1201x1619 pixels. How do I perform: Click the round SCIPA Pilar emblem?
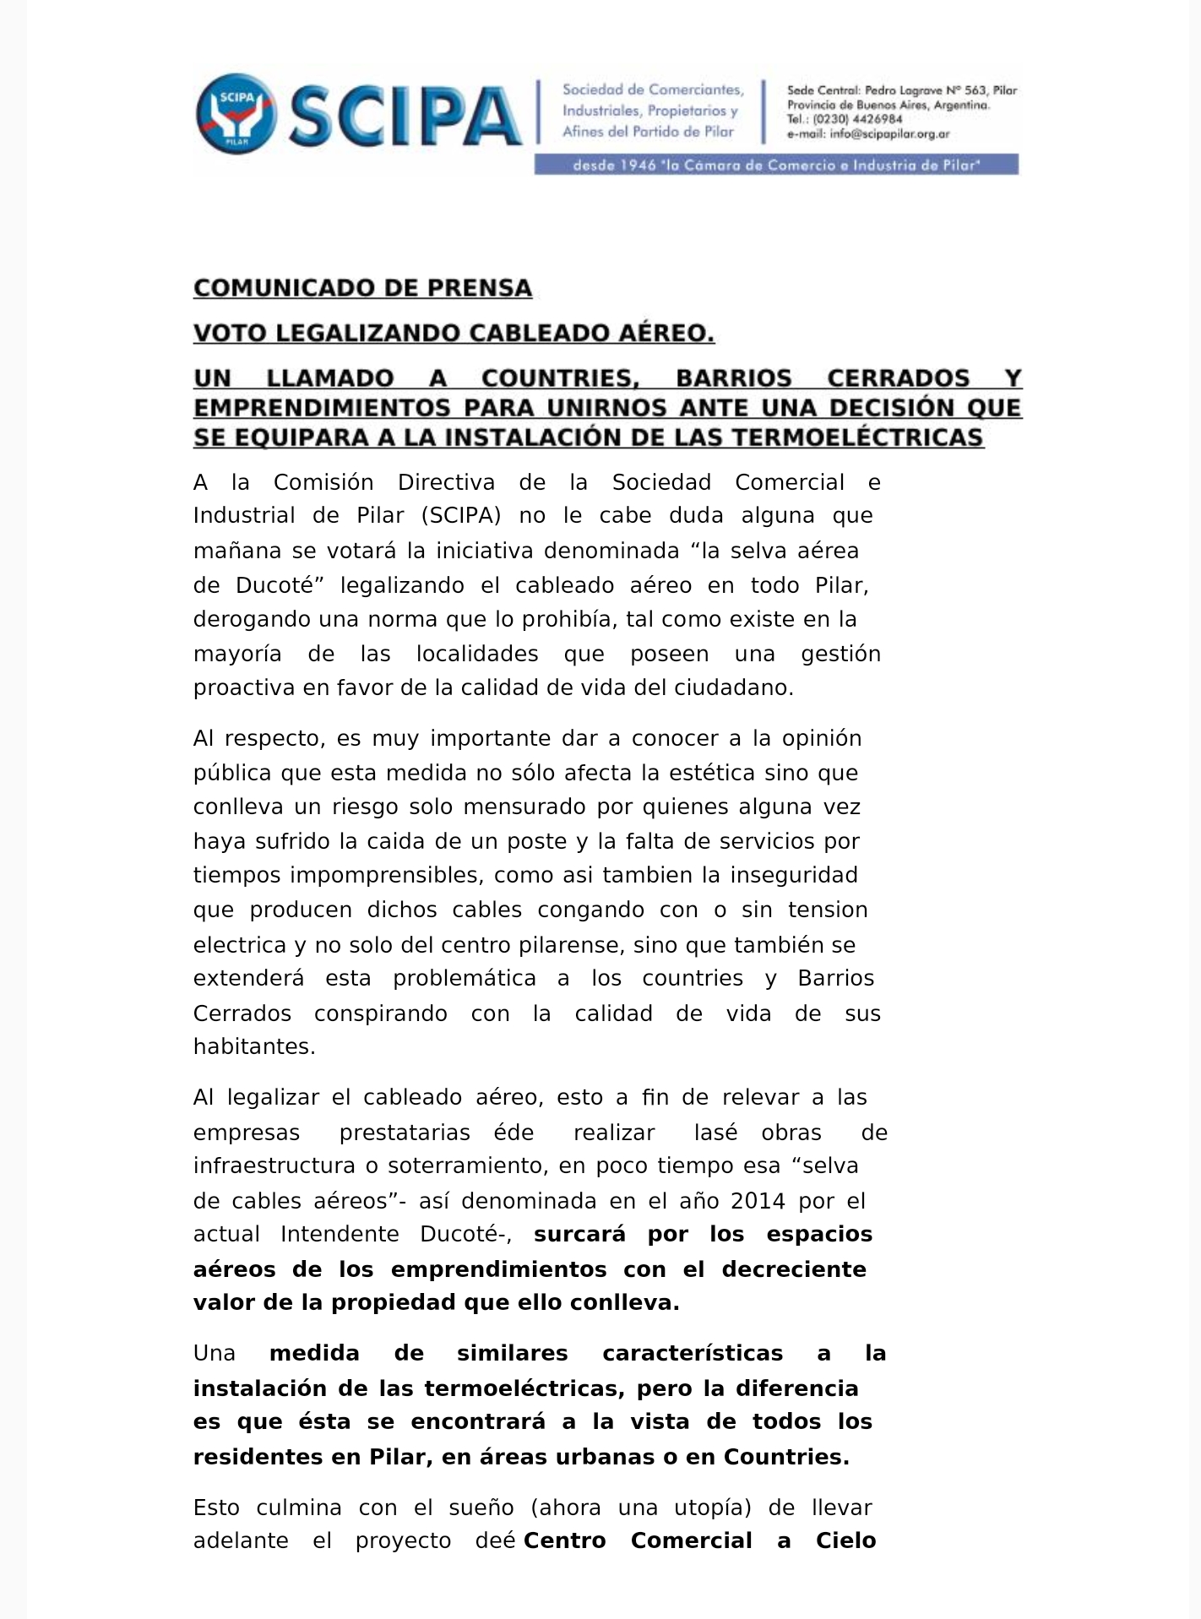(236, 113)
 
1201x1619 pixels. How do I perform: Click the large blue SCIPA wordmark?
(405, 117)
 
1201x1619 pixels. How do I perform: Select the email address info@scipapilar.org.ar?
(889, 133)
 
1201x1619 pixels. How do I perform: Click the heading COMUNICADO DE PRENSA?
(362, 288)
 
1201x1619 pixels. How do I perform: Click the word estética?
(711, 773)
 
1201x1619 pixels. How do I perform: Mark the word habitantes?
(253, 1047)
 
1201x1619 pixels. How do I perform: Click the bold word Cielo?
(845, 1541)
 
